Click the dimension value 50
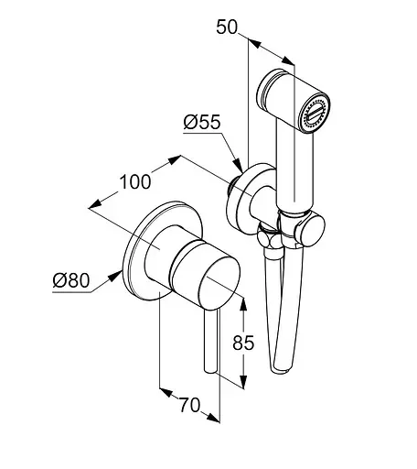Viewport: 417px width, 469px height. pos(227,27)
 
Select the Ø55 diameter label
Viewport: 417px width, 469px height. pos(201,123)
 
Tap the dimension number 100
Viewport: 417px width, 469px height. pos(135,182)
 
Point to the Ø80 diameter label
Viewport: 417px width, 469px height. pos(71,280)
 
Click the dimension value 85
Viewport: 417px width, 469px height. pos(243,343)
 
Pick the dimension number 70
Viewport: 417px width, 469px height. pos(189,405)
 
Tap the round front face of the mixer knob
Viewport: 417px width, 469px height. pos(219,281)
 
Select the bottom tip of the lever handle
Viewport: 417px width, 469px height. pos(210,370)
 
